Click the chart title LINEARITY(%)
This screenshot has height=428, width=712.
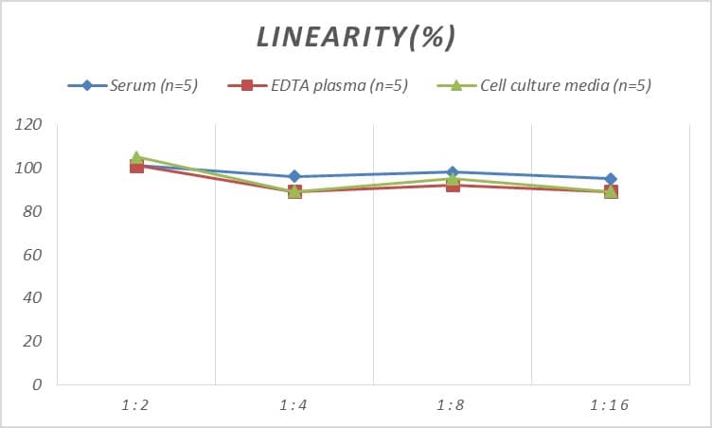356,37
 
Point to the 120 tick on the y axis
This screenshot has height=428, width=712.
30,125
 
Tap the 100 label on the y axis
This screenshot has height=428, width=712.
30,169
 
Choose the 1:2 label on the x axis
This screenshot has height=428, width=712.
136,405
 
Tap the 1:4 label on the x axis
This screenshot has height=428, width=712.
294,405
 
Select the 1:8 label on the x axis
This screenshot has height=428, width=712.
453,405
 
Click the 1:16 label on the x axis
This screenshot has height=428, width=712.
611,405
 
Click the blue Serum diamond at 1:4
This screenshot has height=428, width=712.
294,176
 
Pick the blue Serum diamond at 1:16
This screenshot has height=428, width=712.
611,179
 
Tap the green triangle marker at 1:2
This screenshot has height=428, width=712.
136,156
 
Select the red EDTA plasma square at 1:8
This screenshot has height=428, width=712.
453,186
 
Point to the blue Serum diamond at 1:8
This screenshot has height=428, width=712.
453,172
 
